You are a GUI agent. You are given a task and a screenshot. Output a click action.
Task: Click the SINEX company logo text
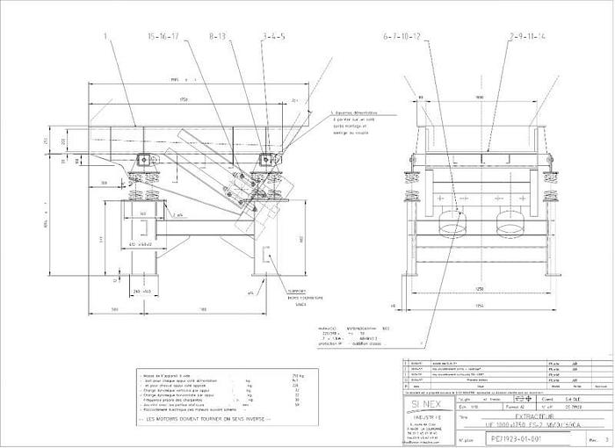pyautogui.click(x=428, y=401)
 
